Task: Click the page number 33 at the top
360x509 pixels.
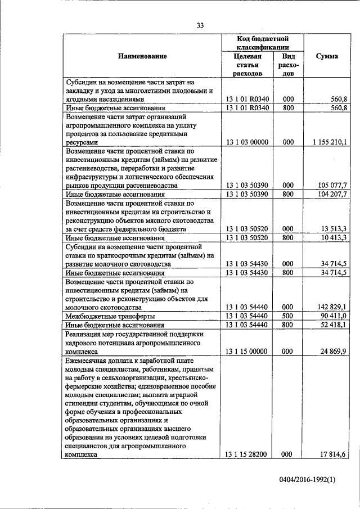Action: pyautogui.click(x=200, y=25)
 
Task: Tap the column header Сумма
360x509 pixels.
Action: pyautogui.click(x=327, y=56)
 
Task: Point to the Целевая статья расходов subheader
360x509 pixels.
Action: pyautogui.click(x=247, y=65)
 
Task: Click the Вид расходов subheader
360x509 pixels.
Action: pyautogui.click(x=288, y=65)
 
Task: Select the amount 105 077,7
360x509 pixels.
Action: pyautogui.click(x=331, y=185)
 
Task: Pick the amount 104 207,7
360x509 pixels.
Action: pyautogui.click(x=331, y=194)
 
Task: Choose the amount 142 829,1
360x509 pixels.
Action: pyautogui.click(x=331, y=307)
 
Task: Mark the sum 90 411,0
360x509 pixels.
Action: pyautogui.click(x=334, y=316)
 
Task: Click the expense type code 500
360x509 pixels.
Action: pyautogui.click(x=288, y=316)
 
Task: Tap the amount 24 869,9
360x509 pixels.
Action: pyautogui.click(x=334, y=352)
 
